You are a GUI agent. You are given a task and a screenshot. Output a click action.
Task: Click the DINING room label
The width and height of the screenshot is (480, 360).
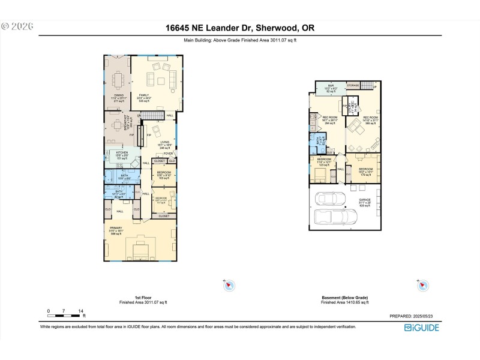[x=119, y=95]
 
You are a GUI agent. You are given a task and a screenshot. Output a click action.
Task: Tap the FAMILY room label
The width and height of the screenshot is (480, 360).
[x=144, y=95]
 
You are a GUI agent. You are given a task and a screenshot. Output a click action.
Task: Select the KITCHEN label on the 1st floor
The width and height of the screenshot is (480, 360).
[x=122, y=153]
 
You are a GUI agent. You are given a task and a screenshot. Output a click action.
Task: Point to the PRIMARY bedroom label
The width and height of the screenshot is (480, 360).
[x=124, y=228]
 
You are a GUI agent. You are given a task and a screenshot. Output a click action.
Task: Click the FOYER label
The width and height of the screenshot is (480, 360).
[x=168, y=154]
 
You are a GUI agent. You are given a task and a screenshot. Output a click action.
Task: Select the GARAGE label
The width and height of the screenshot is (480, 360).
[x=365, y=200]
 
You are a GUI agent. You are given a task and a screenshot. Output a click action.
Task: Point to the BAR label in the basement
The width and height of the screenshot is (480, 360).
[x=331, y=86]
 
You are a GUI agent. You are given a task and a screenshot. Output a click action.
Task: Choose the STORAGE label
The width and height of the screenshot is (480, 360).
[x=352, y=86]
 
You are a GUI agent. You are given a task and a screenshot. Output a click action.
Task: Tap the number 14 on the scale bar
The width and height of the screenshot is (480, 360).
[x=81, y=310]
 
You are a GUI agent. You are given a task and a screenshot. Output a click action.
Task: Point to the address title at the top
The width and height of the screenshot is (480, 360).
[x=239, y=28]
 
